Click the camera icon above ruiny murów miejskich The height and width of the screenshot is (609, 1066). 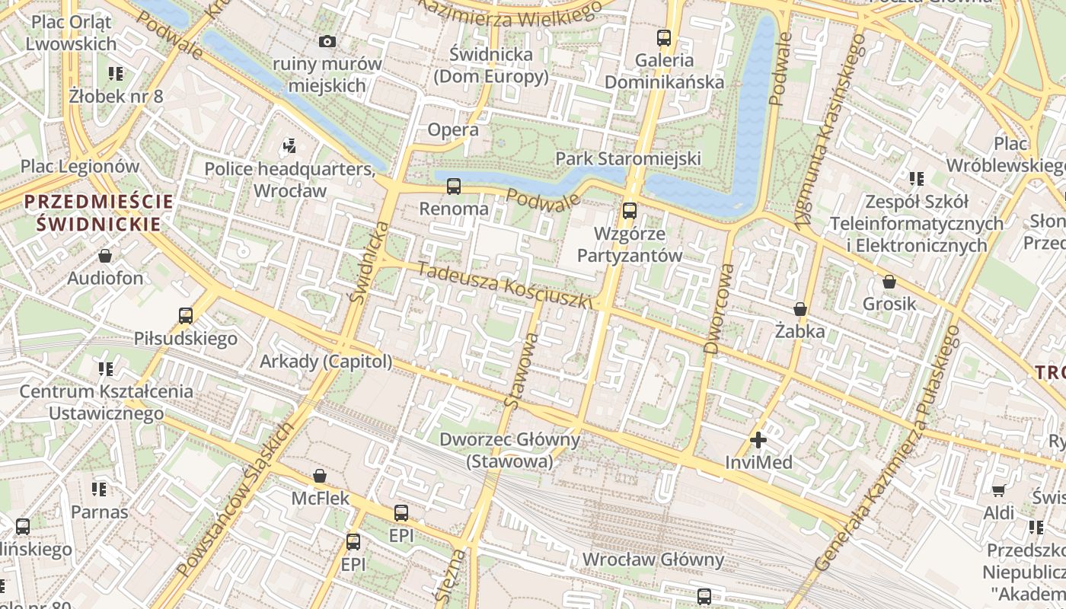pyautogui.click(x=327, y=41)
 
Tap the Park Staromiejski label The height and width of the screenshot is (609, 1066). pyautogui.click(x=628, y=158)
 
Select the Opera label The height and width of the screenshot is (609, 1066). pyautogui.click(x=453, y=129)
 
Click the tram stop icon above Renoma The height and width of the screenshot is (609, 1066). pyautogui.click(x=454, y=186)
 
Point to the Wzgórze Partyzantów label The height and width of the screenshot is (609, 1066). pyautogui.click(x=629, y=244)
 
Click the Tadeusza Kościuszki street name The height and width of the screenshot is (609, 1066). pyautogui.click(x=505, y=285)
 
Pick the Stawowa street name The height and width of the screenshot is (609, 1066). pyautogui.click(x=522, y=371)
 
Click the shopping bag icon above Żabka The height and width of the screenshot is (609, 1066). pyautogui.click(x=799, y=309)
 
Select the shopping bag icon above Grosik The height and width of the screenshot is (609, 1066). pyautogui.click(x=889, y=282)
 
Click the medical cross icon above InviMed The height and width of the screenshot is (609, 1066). pyautogui.click(x=758, y=440)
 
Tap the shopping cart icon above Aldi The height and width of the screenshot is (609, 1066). pyautogui.click(x=998, y=490)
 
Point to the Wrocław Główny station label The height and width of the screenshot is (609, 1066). pyautogui.click(x=653, y=560)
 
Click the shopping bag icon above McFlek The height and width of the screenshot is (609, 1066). pyautogui.click(x=320, y=476)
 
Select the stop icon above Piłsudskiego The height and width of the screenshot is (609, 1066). pyautogui.click(x=185, y=315)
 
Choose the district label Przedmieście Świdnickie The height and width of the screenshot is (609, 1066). pyautogui.click(x=99, y=213)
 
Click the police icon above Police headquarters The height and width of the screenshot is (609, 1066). pyautogui.click(x=289, y=145)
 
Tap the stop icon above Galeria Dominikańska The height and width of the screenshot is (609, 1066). pyautogui.click(x=664, y=37)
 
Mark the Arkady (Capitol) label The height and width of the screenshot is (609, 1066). pyautogui.click(x=326, y=362)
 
